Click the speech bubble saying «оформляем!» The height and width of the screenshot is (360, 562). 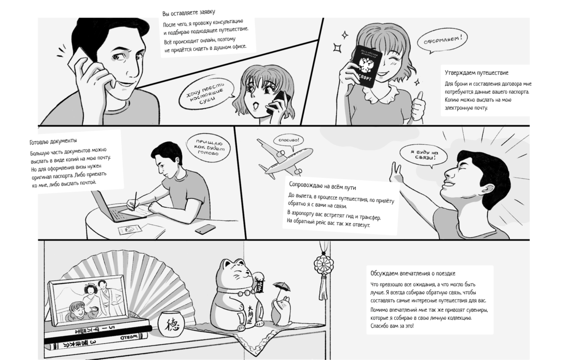(442, 41)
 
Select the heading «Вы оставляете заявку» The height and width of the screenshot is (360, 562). (189, 13)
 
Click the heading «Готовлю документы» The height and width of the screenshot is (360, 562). (53, 141)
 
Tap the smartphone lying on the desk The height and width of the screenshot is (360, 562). (205, 229)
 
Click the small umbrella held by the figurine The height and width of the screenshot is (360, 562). (281, 286)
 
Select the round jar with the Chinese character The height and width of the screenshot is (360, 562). (171, 324)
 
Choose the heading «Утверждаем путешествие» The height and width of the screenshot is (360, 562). (477, 73)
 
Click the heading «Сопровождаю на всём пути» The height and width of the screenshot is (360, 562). (323, 186)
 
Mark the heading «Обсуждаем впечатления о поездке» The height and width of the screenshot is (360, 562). (413, 273)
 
